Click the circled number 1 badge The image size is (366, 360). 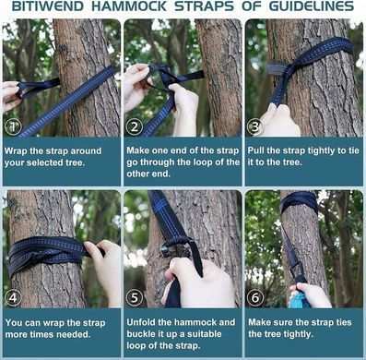[x=13, y=126]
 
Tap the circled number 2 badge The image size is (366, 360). [x=135, y=126]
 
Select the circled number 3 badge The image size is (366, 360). [x=256, y=126]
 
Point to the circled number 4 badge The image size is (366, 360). [x=13, y=297]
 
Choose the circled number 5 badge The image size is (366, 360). [x=135, y=297]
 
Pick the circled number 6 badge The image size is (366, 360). [x=255, y=297]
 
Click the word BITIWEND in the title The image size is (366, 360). [x=47, y=6]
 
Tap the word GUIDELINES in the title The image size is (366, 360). [x=312, y=6]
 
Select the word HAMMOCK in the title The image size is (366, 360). [x=129, y=6]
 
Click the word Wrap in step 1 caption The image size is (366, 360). [x=16, y=151]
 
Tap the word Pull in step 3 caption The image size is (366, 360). [x=256, y=150]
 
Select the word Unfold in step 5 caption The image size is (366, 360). [x=140, y=322]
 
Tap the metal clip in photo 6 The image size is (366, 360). [x=296, y=269]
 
